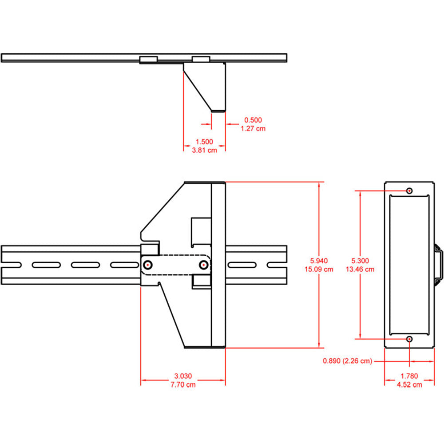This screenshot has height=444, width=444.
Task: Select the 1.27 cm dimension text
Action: (253, 128)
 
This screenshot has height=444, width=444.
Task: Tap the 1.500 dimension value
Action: (204, 142)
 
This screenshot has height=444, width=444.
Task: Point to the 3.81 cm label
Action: (204, 150)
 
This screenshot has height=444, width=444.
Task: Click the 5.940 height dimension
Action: (319, 261)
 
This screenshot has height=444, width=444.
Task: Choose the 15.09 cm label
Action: (319, 269)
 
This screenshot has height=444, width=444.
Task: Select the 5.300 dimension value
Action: (360, 261)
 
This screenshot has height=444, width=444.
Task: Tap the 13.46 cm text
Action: (360, 269)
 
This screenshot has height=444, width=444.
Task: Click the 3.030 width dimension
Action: (182, 376)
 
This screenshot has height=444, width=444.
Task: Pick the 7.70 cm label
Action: (182, 385)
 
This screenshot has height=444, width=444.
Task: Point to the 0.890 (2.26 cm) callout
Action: (347, 361)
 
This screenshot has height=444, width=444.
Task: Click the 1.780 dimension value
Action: (409, 376)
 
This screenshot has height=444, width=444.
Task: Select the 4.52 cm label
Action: (409, 385)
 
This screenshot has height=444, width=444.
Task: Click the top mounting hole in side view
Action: (409, 190)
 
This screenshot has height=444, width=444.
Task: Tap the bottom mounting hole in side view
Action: (409, 339)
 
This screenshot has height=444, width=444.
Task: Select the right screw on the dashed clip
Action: (203, 265)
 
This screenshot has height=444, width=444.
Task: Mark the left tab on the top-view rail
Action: (148, 59)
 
